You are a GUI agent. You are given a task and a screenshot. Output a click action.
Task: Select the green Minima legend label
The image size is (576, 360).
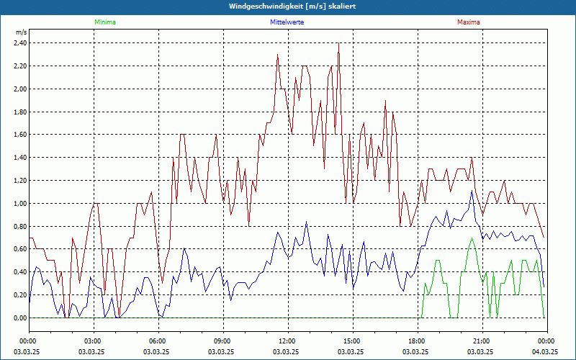104,22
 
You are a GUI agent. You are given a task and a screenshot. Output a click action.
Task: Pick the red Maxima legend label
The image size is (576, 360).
468,22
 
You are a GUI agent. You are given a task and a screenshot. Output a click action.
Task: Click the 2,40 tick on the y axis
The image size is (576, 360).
19,43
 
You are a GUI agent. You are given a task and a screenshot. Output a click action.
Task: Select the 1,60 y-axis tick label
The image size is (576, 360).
19,135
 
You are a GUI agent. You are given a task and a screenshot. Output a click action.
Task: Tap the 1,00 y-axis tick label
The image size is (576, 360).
19,204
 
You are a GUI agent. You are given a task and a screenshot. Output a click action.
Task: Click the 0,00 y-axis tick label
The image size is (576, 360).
19,318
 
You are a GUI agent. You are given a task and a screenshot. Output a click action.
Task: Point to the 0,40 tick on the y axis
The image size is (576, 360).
19,272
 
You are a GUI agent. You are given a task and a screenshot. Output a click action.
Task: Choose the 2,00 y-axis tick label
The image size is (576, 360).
19,89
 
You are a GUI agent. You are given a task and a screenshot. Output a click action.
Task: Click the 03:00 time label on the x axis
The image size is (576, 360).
93,341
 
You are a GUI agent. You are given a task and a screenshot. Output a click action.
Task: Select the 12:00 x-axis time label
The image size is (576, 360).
287,341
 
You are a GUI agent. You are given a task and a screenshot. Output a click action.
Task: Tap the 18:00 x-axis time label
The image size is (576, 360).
417,341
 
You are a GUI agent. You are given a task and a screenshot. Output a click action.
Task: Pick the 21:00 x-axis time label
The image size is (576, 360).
482,341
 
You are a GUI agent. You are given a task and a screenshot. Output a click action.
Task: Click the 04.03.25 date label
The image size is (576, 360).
545,351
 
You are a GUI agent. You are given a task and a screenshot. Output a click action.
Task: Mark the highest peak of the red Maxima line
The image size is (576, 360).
338,44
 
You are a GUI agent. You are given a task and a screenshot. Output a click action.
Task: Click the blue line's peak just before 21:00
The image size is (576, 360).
472,192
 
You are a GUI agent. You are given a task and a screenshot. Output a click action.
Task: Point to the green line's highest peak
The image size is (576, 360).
472,238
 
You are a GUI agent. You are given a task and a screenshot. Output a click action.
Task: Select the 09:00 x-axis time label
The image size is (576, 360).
222,341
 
